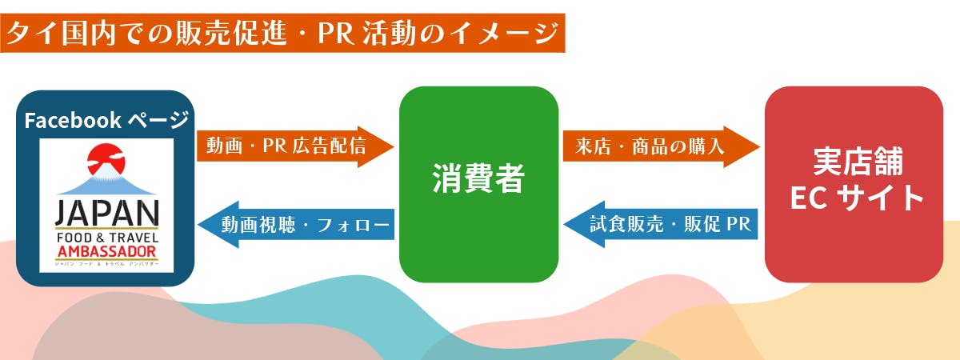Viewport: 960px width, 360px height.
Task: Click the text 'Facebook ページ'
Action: tap(106, 120)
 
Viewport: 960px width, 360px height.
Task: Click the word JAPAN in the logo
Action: tap(106, 214)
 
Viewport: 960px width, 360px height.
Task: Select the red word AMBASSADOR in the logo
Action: tap(106, 253)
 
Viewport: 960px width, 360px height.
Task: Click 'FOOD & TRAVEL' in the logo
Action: tap(106, 238)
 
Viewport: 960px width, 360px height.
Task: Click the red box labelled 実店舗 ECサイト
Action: tap(854, 184)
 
